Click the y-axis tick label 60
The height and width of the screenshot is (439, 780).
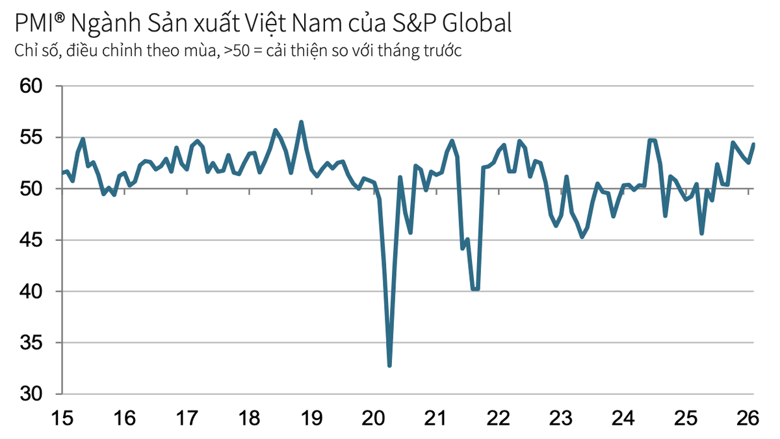(31, 86)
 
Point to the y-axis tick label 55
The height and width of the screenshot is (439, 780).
(31, 137)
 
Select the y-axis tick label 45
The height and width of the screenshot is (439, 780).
(31, 240)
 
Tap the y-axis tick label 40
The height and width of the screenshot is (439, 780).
(31, 291)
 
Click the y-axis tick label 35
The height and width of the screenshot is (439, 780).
(31, 342)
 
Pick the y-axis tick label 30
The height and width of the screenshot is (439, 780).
(31, 394)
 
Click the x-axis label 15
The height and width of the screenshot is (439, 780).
(63, 418)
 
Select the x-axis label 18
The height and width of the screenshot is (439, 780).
(250, 418)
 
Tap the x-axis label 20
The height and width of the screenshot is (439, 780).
(374, 418)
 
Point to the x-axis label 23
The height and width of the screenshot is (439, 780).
(561, 418)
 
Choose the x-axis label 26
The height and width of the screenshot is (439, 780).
(749, 418)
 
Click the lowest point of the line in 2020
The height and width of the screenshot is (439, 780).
(389, 366)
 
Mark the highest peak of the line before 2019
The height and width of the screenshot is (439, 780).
(301, 122)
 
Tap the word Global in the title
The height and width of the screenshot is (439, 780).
(478, 24)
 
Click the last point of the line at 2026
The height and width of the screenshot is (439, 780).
(753, 144)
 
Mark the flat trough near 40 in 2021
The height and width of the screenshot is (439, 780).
(475, 289)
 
